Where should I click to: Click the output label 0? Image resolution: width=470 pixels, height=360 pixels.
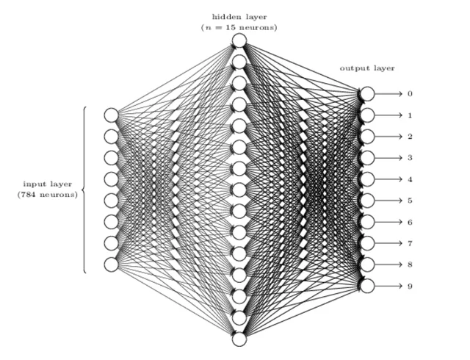click(x=410, y=94)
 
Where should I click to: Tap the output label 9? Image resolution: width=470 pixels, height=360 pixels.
click(x=410, y=286)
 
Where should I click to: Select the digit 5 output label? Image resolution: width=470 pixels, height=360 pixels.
click(x=410, y=201)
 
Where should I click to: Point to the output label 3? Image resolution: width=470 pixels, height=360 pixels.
click(x=410, y=158)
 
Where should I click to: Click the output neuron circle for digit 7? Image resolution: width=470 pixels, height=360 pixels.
click(x=367, y=243)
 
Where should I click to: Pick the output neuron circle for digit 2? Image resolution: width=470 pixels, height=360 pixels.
click(x=367, y=137)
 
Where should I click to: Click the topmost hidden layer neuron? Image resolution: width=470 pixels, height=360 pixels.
click(x=239, y=41)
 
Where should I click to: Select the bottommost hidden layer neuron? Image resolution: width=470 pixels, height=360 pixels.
click(x=239, y=339)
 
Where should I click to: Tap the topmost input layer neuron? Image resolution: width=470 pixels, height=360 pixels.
click(x=111, y=115)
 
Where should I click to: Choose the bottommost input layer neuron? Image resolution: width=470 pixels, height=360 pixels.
click(x=111, y=264)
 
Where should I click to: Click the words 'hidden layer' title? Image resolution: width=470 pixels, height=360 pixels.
click(x=239, y=16)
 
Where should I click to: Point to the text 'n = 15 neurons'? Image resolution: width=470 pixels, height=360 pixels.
click(x=239, y=27)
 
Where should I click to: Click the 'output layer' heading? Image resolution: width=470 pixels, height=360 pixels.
click(x=366, y=68)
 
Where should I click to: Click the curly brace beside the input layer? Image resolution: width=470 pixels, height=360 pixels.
click(x=84, y=190)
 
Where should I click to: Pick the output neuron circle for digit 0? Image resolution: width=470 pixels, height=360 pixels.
click(x=367, y=94)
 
